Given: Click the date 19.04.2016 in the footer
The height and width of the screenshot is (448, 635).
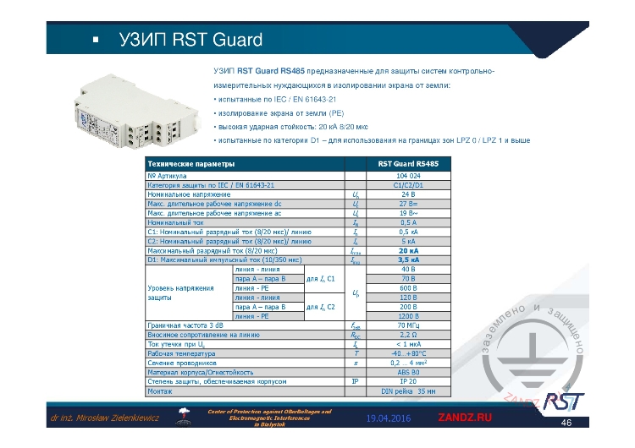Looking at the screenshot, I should click(x=389, y=419).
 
